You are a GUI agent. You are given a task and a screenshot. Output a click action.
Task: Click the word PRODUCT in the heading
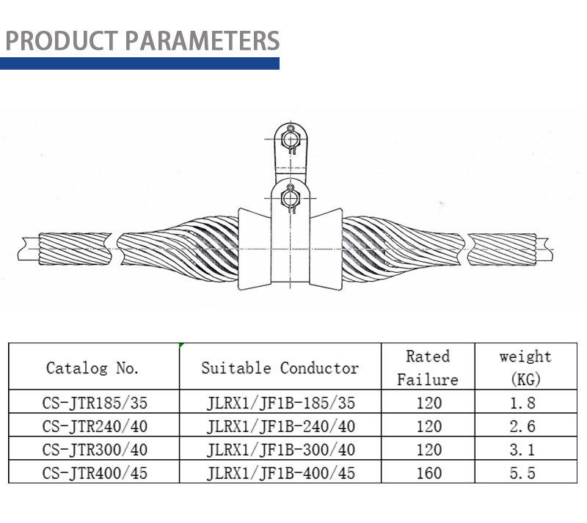point(62,40)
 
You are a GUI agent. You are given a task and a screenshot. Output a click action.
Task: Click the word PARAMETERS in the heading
point(203,40)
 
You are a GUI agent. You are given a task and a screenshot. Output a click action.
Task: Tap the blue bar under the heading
point(139,63)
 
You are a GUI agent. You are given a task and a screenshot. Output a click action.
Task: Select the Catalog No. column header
point(92,368)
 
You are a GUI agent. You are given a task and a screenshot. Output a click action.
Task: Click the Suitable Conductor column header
point(280,368)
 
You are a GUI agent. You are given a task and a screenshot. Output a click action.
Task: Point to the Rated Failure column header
point(428,367)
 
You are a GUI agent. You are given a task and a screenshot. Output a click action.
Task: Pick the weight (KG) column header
point(525,367)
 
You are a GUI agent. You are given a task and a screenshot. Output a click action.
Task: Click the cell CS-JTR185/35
point(95,403)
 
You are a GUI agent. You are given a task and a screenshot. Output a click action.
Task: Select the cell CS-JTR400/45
point(95,473)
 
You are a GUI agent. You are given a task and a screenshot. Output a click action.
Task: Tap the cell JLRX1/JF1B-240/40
point(281,426)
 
